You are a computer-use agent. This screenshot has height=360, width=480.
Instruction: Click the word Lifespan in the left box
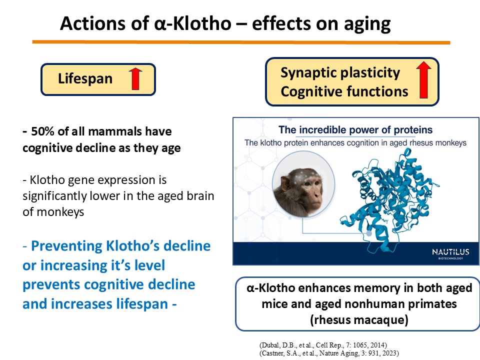tap(85, 78)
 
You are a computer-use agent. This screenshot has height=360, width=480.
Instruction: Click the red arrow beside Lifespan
tap(135, 78)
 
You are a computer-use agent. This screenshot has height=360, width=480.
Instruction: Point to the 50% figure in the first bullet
tap(40, 132)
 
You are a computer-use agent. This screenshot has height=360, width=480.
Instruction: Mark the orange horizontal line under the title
tap(240, 42)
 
